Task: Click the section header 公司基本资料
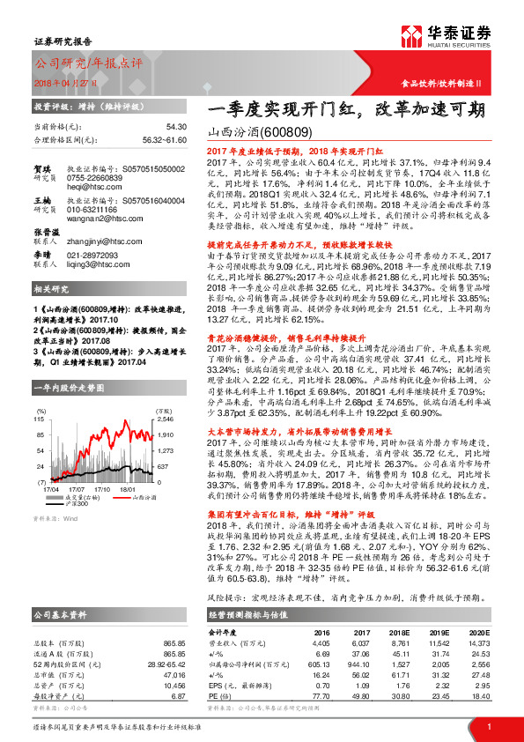point(60,614)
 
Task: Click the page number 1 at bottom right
point(489,726)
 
